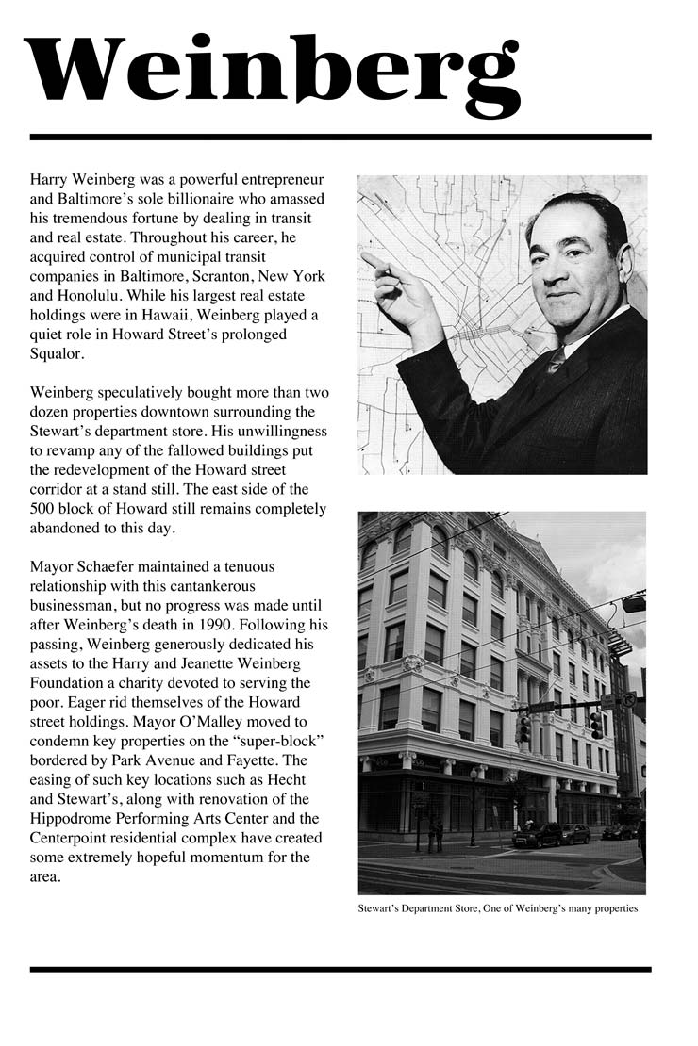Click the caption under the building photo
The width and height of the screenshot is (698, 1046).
(x=498, y=909)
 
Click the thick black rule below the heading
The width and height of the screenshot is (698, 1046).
(x=341, y=138)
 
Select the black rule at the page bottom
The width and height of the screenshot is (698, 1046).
(x=341, y=969)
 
